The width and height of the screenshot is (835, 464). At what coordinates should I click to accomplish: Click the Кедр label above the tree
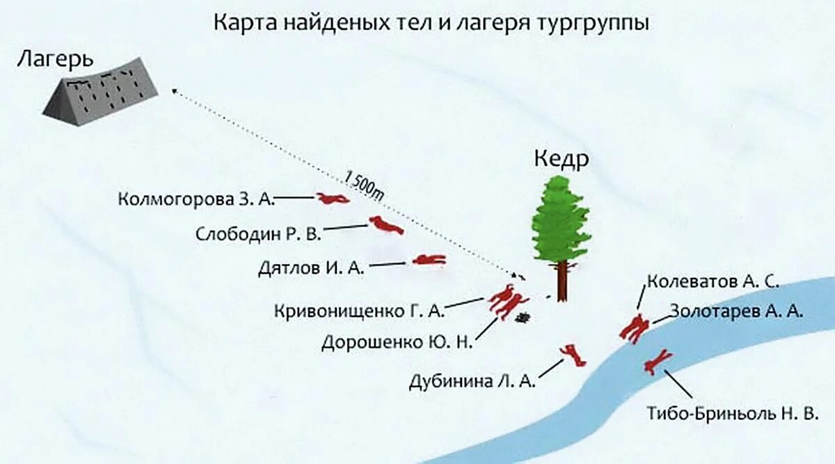coord(562,160)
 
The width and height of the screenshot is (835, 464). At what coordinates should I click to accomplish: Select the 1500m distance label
coord(364,185)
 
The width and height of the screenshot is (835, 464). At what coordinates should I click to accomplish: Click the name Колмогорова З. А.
coord(197,200)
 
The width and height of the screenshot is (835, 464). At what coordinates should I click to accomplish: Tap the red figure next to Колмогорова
coord(333,199)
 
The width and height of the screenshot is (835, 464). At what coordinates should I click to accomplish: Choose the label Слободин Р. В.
coord(259,233)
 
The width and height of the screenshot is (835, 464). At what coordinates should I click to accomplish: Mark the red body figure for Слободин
coord(385,225)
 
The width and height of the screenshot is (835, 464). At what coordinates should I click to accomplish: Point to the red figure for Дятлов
coord(429,260)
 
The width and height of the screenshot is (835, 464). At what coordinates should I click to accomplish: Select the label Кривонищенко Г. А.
coord(359,310)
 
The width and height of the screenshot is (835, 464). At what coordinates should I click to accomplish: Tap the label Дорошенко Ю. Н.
coord(397,342)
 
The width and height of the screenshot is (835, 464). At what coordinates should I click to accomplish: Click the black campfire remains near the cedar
coord(523,318)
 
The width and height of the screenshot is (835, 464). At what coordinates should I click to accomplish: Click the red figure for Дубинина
coord(574,355)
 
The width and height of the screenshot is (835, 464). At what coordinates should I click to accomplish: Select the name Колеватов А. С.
coord(712,281)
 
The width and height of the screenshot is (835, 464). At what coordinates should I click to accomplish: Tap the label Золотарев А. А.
coord(737,311)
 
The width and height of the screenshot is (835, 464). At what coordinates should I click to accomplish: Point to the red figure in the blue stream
coord(657,362)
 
